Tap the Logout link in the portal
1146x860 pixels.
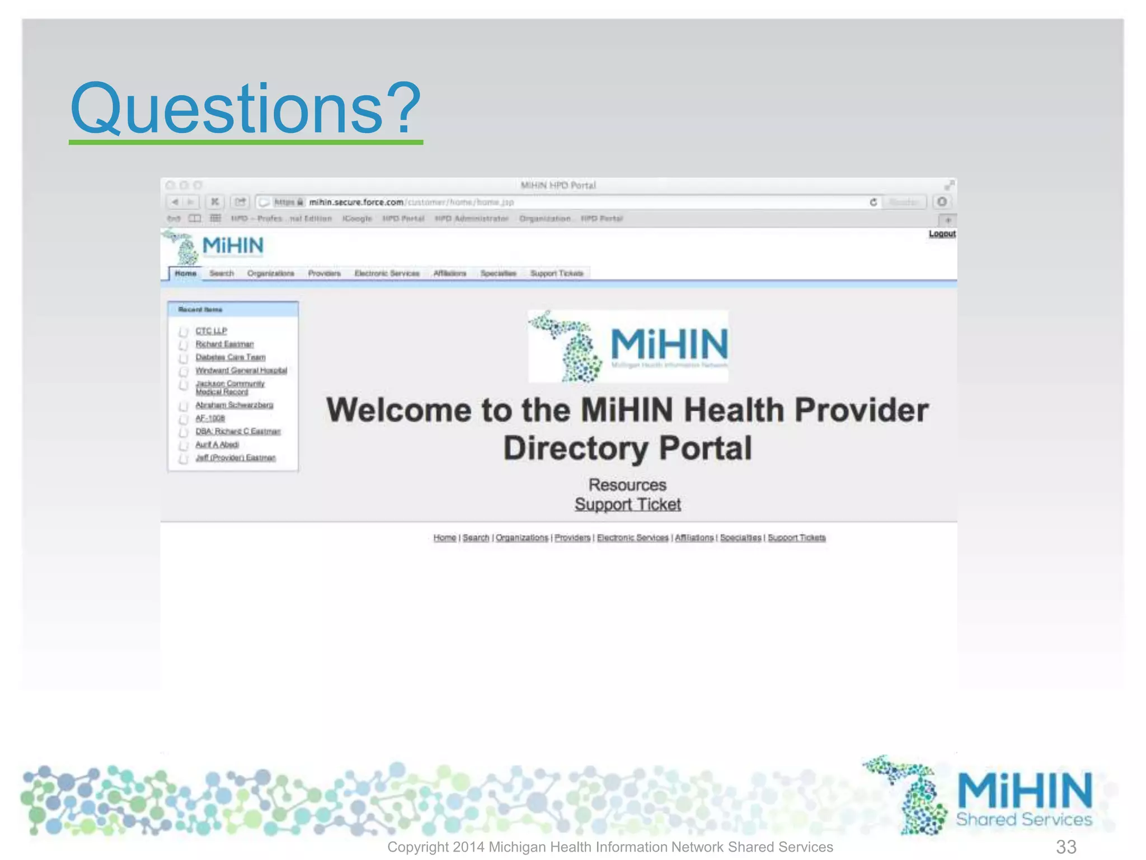tap(942, 233)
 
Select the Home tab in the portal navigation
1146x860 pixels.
tap(185, 273)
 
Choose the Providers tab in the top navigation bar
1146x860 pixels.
tap(324, 273)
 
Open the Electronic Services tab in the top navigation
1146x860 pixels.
tap(387, 273)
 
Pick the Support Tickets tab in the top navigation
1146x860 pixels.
tap(556, 273)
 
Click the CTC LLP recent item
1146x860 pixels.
tap(211, 331)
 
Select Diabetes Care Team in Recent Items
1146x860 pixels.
tap(230, 357)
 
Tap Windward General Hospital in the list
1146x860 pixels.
tap(241, 371)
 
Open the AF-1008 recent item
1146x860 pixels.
tap(210, 418)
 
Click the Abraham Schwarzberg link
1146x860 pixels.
tap(234, 405)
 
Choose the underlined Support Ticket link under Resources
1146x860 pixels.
tap(627, 504)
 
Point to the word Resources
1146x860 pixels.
tap(627, 485)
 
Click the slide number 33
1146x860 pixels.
tap(1066, 847)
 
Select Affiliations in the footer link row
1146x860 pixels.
tap(694, 537)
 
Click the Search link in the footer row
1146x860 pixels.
tap(476, 537)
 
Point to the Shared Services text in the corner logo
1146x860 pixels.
tap(1023, 819)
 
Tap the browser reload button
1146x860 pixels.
tap(873, 202)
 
